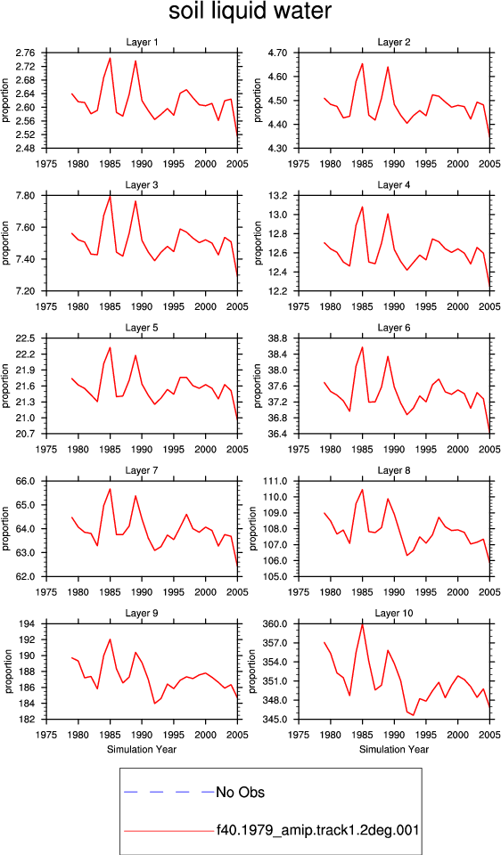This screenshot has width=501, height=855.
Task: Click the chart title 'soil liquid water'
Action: click(x=250, y=12)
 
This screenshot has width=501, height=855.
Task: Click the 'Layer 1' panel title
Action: click(x=142, y=43)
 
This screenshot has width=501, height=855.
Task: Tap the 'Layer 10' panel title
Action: click(x=393, y=614)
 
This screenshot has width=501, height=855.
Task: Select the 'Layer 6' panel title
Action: click(x=393, y=328)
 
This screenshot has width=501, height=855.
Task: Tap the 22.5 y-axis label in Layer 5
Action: click(x=27, y=338)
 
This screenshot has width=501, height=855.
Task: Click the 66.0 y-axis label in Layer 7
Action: click(x=27, y=482)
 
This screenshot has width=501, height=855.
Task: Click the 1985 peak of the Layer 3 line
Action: click(x=111, y=196)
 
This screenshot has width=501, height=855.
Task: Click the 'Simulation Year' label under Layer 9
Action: click(x=142, y=749)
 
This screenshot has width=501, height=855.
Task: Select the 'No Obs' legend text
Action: click(x=240, y=792)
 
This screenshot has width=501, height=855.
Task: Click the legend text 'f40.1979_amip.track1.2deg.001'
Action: click(x=317, y=830)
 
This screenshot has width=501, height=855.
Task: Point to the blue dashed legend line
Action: click(x=169, y=791)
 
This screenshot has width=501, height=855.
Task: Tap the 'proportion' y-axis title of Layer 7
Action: click(x=6, y=528)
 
